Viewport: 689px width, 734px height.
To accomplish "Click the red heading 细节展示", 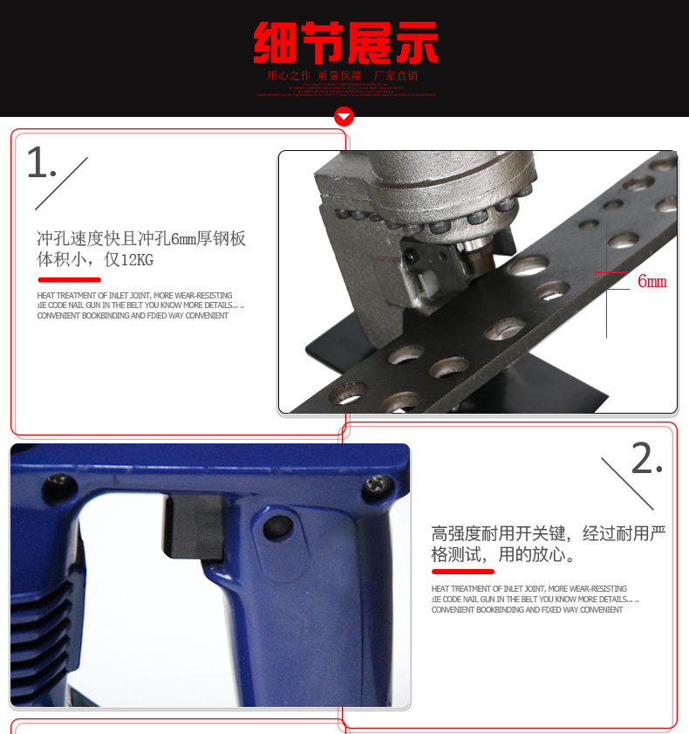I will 345,43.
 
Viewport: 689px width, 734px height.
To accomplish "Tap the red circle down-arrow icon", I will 344,117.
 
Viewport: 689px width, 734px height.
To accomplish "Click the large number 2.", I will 645,459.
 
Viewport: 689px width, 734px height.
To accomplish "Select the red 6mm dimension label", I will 651,281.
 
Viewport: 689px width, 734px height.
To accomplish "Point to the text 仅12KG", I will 129,259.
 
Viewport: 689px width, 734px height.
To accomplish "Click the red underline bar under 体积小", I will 69,280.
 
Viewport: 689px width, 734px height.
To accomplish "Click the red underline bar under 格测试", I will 462,572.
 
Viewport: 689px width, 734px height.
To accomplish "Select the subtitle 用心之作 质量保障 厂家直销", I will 343,76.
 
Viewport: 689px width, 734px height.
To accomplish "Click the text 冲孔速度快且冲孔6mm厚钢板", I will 141,238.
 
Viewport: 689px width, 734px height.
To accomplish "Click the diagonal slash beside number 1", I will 61,183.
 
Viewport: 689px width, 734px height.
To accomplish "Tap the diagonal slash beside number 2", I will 627,483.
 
